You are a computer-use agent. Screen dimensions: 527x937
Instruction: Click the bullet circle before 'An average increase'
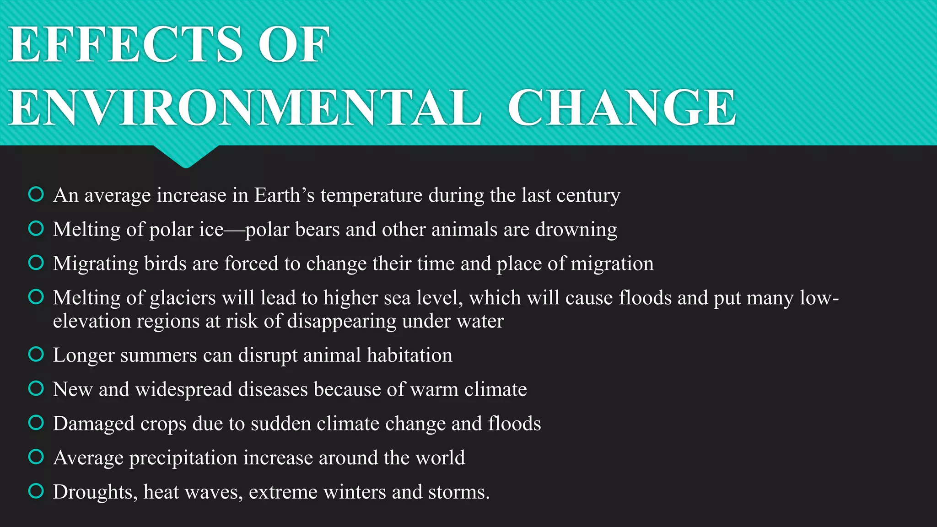point(36,194)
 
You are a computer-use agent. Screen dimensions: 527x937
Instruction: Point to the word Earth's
point(284,195)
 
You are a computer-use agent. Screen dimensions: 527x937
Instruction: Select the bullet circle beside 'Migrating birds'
point(36,263)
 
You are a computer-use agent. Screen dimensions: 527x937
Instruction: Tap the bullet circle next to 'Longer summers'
point(36,354)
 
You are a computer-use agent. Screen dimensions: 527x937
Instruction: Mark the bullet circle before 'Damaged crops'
point(36,423)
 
